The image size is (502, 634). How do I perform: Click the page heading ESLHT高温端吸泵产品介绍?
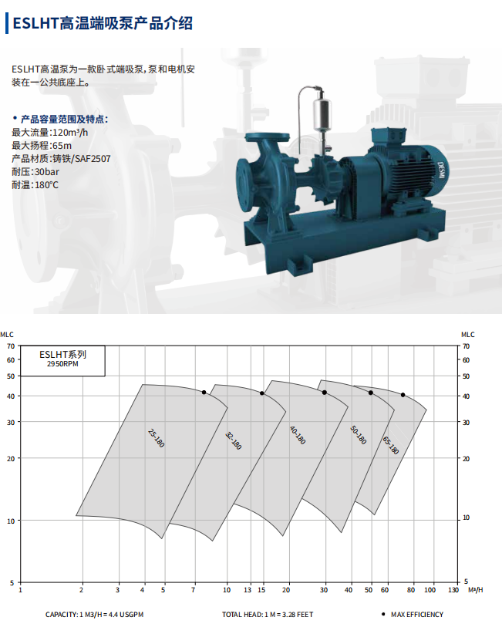coord(103,23)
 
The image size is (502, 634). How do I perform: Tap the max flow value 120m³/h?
coord(70,132)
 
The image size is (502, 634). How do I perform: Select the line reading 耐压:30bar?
coord(35,172)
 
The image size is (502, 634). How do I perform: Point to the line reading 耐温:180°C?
coord(35,185)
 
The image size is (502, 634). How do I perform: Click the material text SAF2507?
coord(93,159)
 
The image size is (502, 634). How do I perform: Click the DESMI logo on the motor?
coord(440,170)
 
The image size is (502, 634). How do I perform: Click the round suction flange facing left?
coord(244,185)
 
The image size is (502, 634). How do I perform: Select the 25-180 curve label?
coord(156,438)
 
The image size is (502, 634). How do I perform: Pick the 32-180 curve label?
coord(233,441)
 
